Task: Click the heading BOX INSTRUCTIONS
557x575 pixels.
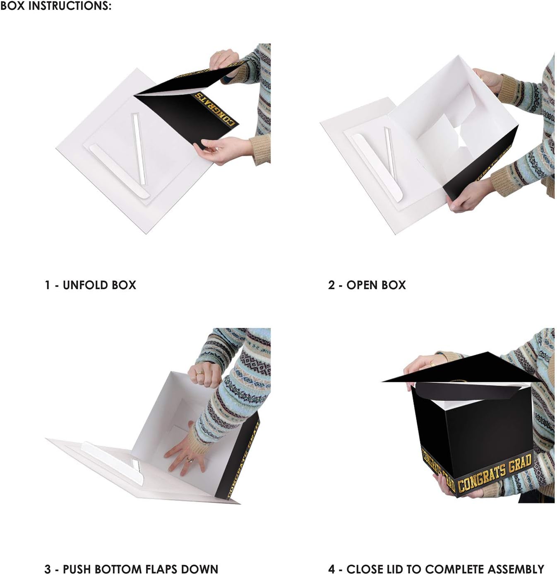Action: pos(56,6)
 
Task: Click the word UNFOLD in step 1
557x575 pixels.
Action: pos(80,285)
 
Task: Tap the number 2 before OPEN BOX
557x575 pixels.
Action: pos(331,285)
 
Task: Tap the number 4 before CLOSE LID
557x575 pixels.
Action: pos(331,569)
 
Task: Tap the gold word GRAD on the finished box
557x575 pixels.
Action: pos(520,465)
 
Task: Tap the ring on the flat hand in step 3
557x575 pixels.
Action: pos(188,459)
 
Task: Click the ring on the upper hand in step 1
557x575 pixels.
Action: pos(219,53)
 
